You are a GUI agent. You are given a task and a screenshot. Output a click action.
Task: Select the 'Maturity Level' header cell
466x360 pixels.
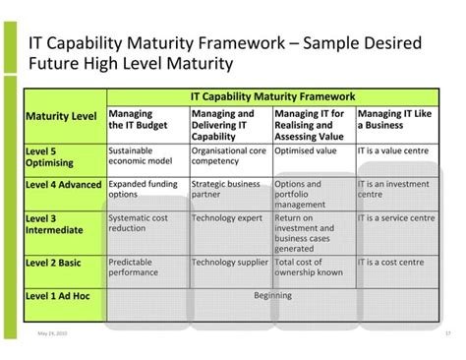[x=61, y=117]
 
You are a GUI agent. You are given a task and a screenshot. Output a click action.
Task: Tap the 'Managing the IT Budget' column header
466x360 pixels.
[x=137, y=120]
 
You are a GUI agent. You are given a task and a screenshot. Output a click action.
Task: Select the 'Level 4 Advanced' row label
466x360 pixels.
[x=62, y=184]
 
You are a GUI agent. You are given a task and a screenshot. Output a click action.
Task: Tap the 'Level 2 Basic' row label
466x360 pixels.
[x=54, y=263]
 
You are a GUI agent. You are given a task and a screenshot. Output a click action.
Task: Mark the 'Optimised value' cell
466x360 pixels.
[x=306, y=151]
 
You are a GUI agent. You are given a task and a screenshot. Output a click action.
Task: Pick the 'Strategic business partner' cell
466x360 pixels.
[x=227, y=189]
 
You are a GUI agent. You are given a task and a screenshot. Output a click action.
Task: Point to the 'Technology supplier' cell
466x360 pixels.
[x=228, y=263]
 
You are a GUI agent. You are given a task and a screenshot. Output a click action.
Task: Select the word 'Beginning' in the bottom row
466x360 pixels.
[x=272, y=294]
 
